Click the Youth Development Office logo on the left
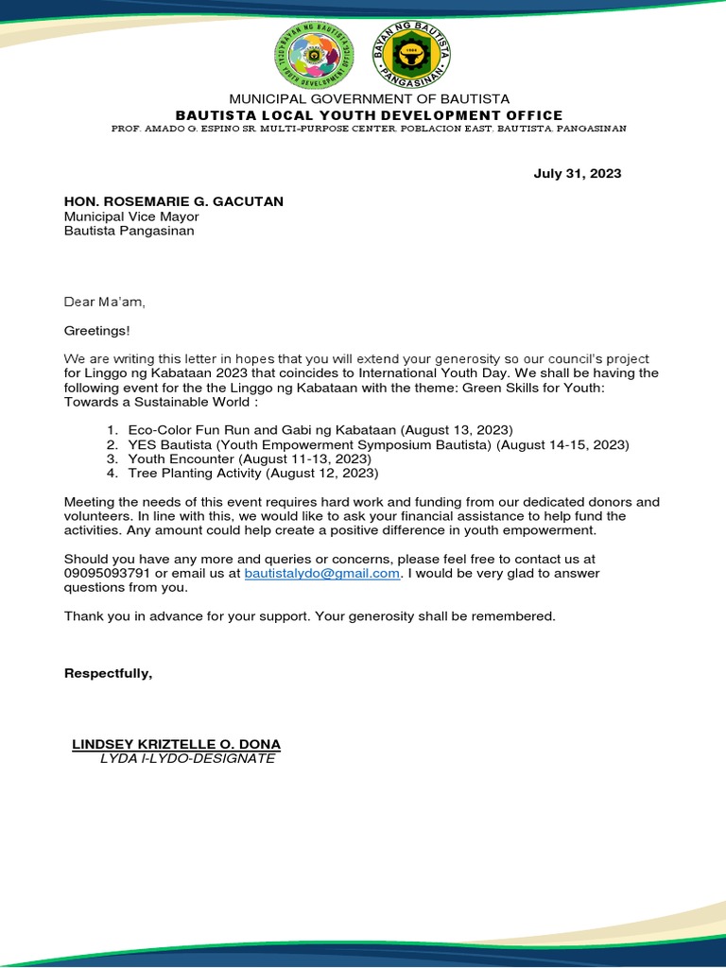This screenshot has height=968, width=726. point(312,53)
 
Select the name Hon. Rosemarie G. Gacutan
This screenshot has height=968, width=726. point(173,201)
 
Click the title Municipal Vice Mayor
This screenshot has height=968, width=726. point(131,216)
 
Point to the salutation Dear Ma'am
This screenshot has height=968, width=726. point(105,302)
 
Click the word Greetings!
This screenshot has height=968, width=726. point(97,331)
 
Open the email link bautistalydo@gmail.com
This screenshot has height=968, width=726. point(323,573)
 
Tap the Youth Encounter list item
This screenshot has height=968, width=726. point(250,458)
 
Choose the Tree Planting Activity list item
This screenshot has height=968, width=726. point(253,473)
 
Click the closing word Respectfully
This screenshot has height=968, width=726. point(108,673)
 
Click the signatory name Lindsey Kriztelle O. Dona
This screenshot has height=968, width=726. point(176,744)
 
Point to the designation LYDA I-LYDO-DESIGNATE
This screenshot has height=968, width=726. point(187,758)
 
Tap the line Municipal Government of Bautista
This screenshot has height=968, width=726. point(369,98)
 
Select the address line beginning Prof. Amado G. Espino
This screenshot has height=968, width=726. point(368,129)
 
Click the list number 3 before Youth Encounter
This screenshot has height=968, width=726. point(111,458)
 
